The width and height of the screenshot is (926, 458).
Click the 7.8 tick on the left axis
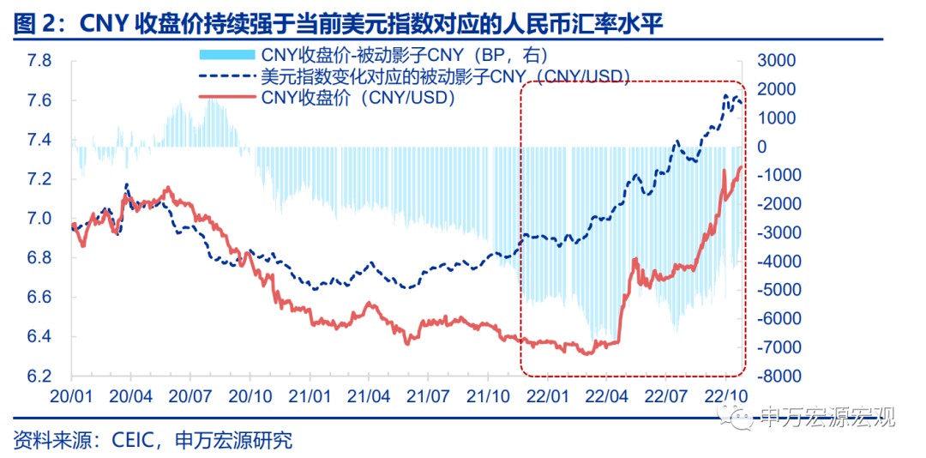pos(39,61)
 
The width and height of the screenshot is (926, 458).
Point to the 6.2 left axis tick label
pos(39,377)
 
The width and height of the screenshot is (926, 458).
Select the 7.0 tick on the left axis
pos(39,219)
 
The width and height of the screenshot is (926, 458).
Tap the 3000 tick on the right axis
pos(771,61)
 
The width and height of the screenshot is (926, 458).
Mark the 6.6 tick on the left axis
pos(39,298)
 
